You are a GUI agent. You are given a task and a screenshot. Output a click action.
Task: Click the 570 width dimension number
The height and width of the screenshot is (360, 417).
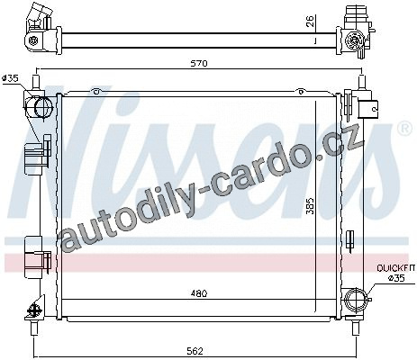pos(200,64)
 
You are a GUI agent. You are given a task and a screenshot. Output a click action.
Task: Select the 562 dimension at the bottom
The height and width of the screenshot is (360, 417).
pos(195,351)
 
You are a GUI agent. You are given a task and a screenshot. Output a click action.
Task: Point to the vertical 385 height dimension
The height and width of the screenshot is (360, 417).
pos(311,206)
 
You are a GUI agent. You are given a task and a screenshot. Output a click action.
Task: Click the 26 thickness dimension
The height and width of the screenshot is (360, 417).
pos(311,22)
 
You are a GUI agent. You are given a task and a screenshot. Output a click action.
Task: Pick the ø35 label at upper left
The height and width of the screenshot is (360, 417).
pos(10,78)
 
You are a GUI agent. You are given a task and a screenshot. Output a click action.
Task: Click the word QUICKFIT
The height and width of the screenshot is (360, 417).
pos(396,268)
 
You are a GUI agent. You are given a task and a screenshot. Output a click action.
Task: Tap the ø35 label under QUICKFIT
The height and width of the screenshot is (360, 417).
pos(396,278)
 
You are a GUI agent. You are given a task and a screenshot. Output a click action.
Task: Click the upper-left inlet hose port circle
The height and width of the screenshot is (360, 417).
pos(44,106)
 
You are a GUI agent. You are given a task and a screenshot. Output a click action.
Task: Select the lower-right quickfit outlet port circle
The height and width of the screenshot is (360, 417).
pos(356,299)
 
